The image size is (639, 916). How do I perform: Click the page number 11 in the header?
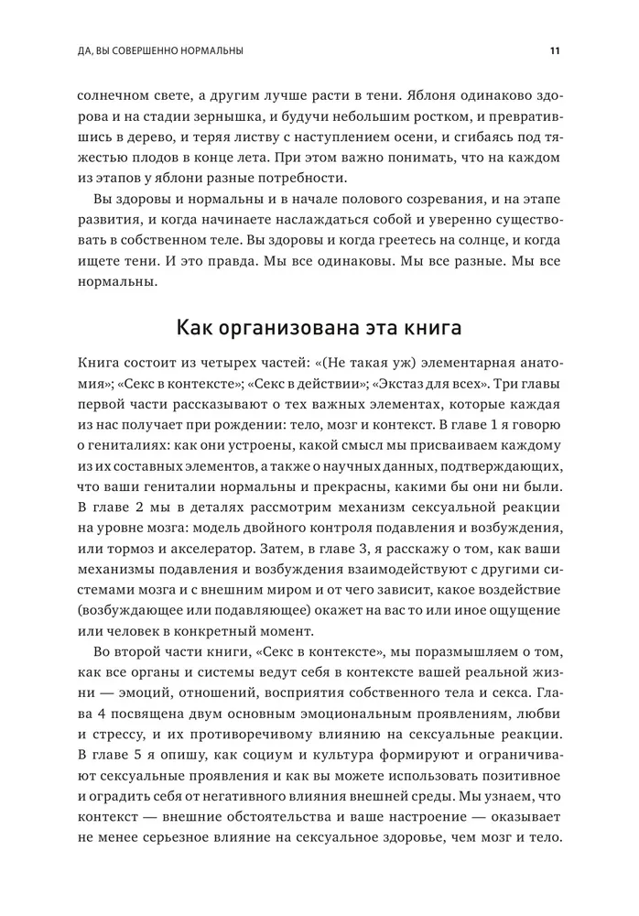[x=555, y=50]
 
